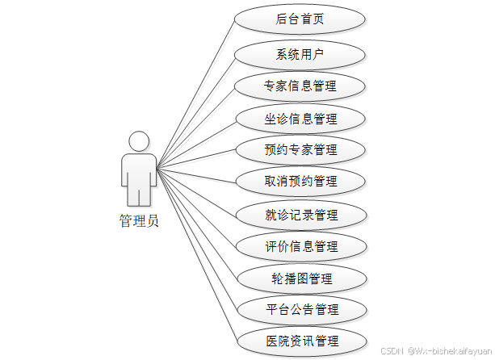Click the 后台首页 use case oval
pyautogui.click(x=300, y=19)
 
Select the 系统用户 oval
pyautogui.click(x=300, y=55)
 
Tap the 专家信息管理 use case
pyautogui.click(x=300, y=86)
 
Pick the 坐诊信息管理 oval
pyautogui.click(x=300, y=119)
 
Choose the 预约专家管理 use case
pyautogui.click(x=300, y=149)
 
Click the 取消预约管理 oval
pyautogui.click(x=300, y=181)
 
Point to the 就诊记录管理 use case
pyautogui.click(x=300, y=215)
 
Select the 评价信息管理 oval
pyautogui.click(x=300, y=246)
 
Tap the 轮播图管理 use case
pyautogui.click(x=300, y=278)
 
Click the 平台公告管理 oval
pyautogui.click(x=300, y=309)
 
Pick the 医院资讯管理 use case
pyautogui.click(x=300, y=341)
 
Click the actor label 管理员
pyautogui.click(x=139, y=221)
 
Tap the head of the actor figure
pyautogui.click(x=139, y=143)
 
